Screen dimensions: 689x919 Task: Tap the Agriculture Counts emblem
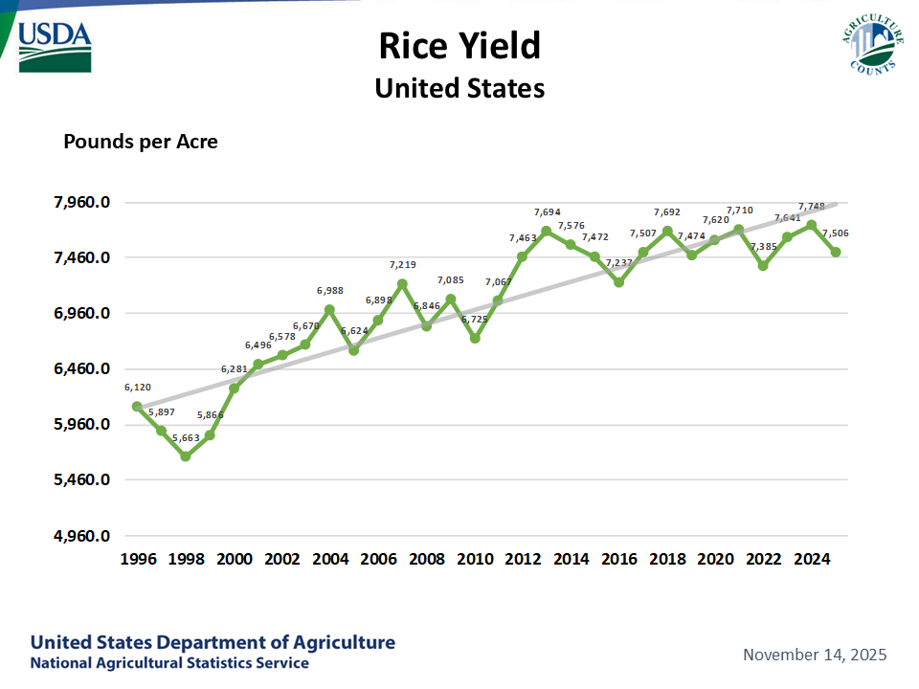tap(872, 44)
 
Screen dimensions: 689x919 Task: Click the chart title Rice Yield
tap(459, 45)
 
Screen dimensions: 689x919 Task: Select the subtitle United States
tap(459, 88)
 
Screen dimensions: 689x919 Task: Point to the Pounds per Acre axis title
tap(141, 142)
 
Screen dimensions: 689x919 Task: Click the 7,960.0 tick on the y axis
tap(82, 203)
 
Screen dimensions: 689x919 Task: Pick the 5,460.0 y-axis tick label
tap(82, 480)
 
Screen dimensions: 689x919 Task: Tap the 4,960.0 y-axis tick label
tap(82, 536)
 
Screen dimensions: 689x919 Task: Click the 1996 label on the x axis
tap(137, 558)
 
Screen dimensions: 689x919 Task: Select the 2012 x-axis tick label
tap(523, 558)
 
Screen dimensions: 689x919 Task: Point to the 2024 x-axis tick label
tap(812, 558)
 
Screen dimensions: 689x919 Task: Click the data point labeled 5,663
tap(186, 456)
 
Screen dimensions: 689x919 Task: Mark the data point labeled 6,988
tap(330, 310)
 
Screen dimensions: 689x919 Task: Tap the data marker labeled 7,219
tap(402, 284)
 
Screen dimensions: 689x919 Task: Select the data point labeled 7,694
tap(547, 231)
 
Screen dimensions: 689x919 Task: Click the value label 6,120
tap(137, 388)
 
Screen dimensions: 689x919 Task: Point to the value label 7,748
tap(812, 206)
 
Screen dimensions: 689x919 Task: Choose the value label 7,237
tap(619, 263)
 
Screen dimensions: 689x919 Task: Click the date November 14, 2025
tap(815, 655)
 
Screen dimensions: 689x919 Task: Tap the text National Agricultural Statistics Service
tap(169, 663)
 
